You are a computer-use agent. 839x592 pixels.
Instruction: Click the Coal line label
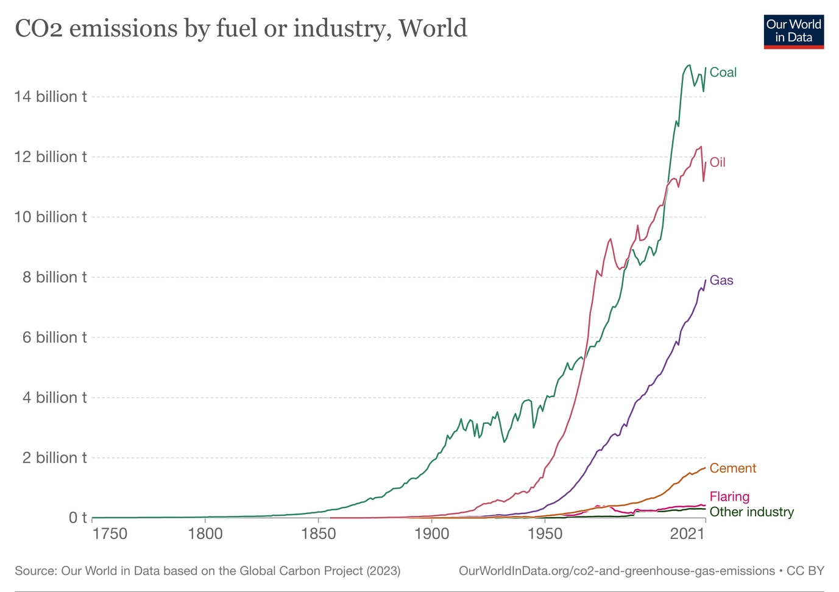click(x=723, y=72)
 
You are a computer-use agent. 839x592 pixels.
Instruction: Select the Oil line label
click(x=717, y=163)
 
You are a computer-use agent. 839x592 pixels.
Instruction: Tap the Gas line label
click(x=721, y=281)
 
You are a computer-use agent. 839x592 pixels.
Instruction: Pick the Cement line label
click(x=732, y=468)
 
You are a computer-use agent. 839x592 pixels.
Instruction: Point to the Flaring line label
click(x=729, y=496)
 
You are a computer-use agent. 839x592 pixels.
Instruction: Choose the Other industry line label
click(x=751, y=512)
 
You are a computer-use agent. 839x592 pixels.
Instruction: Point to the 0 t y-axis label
click(x=77, y=518)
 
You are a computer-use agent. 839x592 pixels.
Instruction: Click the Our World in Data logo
click(x=793, y=31)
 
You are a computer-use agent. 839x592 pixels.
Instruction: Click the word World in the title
click(x=433, y=28)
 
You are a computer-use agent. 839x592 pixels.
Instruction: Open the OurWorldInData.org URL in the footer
click(x=616, y=571)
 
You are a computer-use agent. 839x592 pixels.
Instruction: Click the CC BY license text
click(x=805, y=571)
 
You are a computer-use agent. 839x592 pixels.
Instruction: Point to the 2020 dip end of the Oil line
click(x=703, y=181)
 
